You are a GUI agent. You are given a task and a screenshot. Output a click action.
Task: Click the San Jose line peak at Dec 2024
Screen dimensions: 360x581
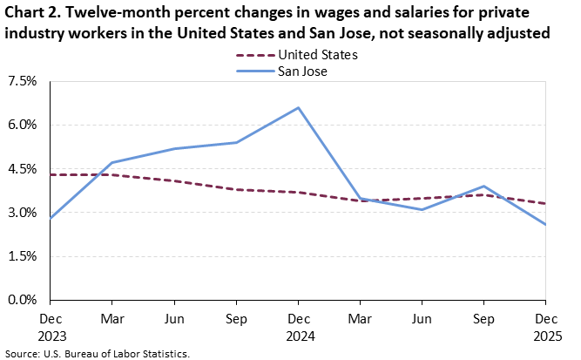pyautogui.click(x=299, y=107)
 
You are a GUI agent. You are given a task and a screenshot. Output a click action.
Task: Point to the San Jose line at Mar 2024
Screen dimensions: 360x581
pyautogui.click(x=112, y=163)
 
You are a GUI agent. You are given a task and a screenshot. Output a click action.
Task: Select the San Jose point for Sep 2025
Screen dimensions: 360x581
pyautogui.click(x=484, y=186)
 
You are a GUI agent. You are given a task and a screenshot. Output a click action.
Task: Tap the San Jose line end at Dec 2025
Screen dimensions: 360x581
pyautogui.click(x=546, y=224)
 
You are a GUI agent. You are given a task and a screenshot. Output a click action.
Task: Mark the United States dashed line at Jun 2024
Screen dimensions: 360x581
pyautogui.click(x=174, y=180)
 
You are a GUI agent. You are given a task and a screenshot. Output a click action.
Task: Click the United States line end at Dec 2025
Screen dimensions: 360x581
pyautogui.click(x=546, y=203)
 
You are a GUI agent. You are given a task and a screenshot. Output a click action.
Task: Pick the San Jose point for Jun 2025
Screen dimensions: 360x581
pyautogui.click(x=422, y=209)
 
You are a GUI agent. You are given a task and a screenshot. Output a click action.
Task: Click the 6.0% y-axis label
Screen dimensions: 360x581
pyautogui.click(x=22, y=125)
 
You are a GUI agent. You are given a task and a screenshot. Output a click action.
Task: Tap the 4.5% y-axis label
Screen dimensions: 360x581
pyautogui.click(x=22, y=169)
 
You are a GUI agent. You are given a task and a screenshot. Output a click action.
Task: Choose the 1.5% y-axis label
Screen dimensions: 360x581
pyautogui.click(x=22, y=256)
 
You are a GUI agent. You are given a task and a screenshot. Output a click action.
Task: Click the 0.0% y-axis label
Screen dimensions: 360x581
pyautogui.click(x=22, y=300)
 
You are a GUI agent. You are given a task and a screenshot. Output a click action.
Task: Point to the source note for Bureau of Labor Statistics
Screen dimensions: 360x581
pyautogui.click(x=96, y=354)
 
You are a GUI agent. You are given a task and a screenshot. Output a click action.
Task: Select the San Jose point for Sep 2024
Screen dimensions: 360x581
pyautogui.click(x=236, y=142)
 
